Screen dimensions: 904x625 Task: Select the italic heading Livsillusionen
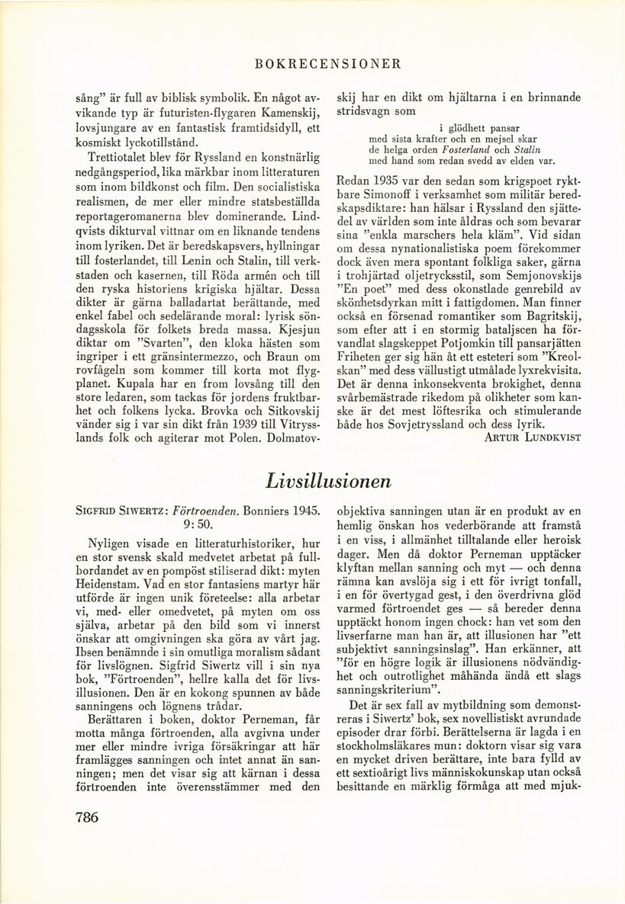click(329, 481)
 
